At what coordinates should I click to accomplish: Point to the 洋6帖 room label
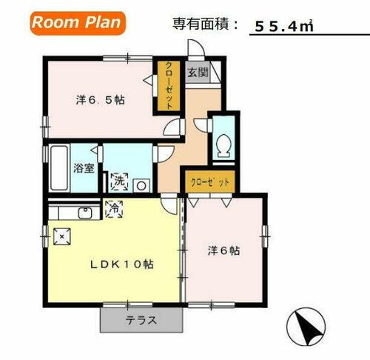click(223, 250)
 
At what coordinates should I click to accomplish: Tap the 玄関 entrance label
click(197, 74)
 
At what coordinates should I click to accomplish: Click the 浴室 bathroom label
click(83, 168)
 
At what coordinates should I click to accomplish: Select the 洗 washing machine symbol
click(118, 180)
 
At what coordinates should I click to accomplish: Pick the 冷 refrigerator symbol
click(115, 210)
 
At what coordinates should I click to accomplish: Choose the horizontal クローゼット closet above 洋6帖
click(210, 181)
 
